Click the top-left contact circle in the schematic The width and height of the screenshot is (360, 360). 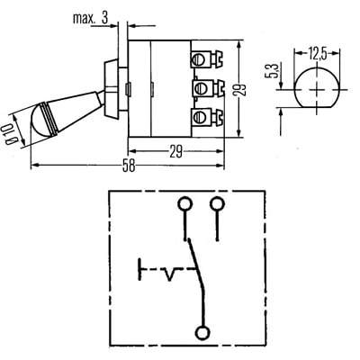tap(184, 203)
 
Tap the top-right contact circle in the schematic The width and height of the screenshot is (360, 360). tap(217, 203)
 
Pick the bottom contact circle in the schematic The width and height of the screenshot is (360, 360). tap(205, 331)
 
